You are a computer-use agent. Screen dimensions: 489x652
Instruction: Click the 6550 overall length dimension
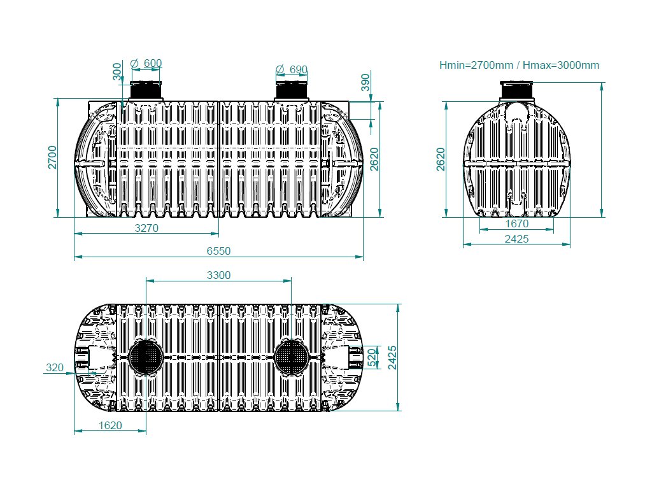(x=218, y=251)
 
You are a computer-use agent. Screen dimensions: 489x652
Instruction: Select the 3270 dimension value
(x=146, y=227)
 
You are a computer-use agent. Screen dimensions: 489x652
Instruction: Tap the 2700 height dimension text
(x=52, y=157)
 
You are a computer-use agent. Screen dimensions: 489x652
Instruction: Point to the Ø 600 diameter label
(x=146, y=63)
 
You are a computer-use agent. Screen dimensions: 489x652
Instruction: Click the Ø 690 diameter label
(x=292, y=69)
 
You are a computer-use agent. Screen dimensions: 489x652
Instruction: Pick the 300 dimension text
(x=117, y=71)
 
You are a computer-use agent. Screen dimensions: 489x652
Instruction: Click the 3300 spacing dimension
(x=218, y=275)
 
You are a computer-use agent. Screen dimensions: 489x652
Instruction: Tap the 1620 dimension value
(x=110, y=425)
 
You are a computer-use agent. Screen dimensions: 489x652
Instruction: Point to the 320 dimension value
(x=55, y=367)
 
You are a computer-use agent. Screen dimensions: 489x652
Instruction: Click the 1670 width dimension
(x=516, y=224)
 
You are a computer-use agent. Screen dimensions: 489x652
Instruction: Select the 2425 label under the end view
(x=516, y=239)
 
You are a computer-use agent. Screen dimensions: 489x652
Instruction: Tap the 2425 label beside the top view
(x=392, y=357)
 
